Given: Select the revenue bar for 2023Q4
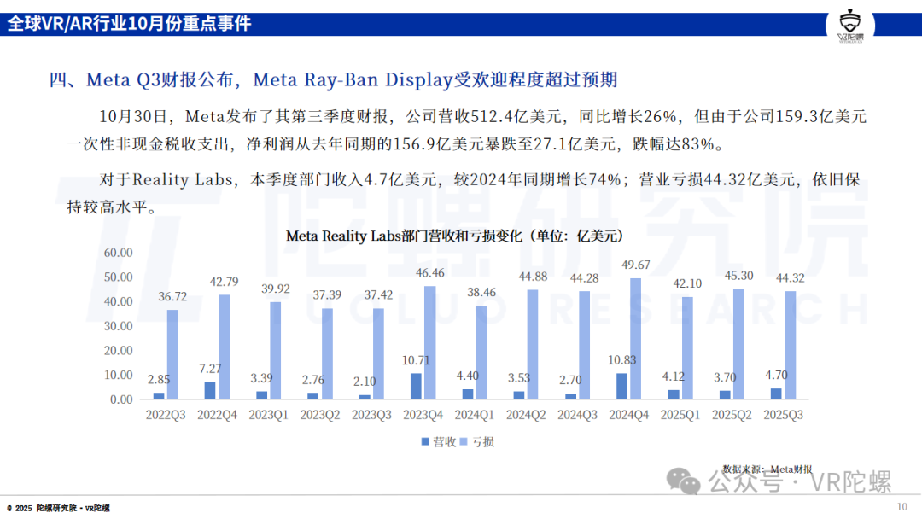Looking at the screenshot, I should point(416,386).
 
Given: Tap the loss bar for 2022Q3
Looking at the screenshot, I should point(172,354).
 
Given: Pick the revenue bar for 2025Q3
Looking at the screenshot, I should point(776,394).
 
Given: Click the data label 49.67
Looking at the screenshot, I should point(635,264).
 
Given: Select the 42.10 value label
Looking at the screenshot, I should point(687,283).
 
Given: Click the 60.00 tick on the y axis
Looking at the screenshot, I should point(118,253).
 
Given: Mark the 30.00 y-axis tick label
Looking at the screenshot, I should point(118,326).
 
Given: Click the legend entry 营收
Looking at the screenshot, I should point(438,441).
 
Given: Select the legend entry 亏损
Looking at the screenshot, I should point(477,441).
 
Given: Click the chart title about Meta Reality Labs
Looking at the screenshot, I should point(454,235).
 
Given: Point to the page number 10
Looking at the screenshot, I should point(902,507).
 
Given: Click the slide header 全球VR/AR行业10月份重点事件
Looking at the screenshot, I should point(130,24).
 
